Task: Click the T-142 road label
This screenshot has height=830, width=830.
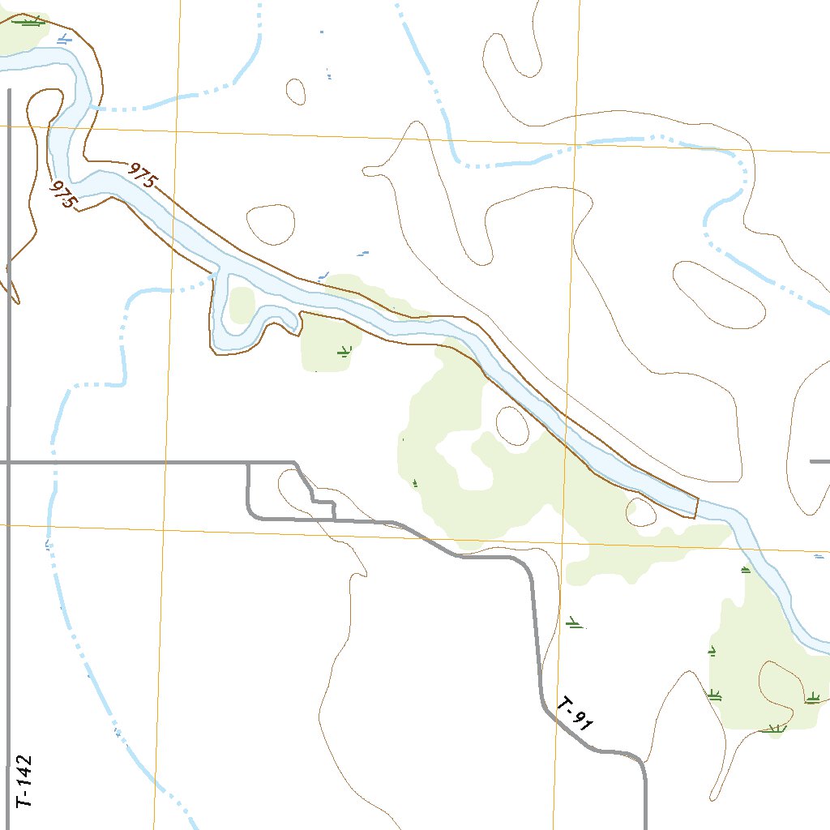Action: pyautogui.click(x=25, y=781)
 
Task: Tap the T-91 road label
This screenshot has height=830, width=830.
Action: pyautogui.click(x=576, y=714)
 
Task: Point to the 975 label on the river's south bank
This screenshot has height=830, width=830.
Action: pyautogui.click(x=63, y=195)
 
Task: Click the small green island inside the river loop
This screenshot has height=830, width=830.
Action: pyautogui.click(x=242, y=305)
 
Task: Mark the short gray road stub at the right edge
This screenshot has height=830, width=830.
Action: pyautogui.click(x=819, y=461)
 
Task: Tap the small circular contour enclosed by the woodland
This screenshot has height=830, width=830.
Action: pyautogui.click(x=512, y=426)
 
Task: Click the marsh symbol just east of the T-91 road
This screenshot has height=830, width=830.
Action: pyautogui.click(x=575, y=623)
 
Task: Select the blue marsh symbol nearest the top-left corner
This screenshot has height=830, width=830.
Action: pyautogui.click(x=65, y=38)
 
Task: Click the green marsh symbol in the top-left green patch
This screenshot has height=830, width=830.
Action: pyautogui.click(x=31, y=22)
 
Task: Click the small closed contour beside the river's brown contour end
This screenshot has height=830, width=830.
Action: pyautogui.click(x=641, y=511)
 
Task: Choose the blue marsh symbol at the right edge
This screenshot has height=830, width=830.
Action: pyautogui.click(x=819, y=557)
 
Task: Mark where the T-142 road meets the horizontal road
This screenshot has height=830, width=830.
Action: pyautogui.click(x=8, y=462)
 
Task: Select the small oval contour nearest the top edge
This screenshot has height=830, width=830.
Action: pyautogui.click(x=296, y=91)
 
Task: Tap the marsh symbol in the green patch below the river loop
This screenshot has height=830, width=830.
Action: pyautogui.click(x=345, y=352)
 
